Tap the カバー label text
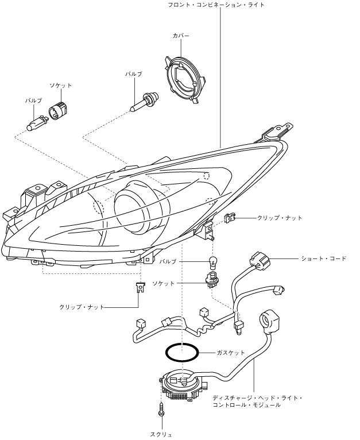(x=181, y=36)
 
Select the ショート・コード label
(x=324, y=258)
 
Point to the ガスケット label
(x=232, y=352)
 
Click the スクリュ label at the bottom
(x=161, y=434)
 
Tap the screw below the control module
(x=161, y=411)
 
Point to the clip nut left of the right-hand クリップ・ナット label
(x=230, y=218)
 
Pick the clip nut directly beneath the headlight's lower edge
(x=140, y=287)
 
